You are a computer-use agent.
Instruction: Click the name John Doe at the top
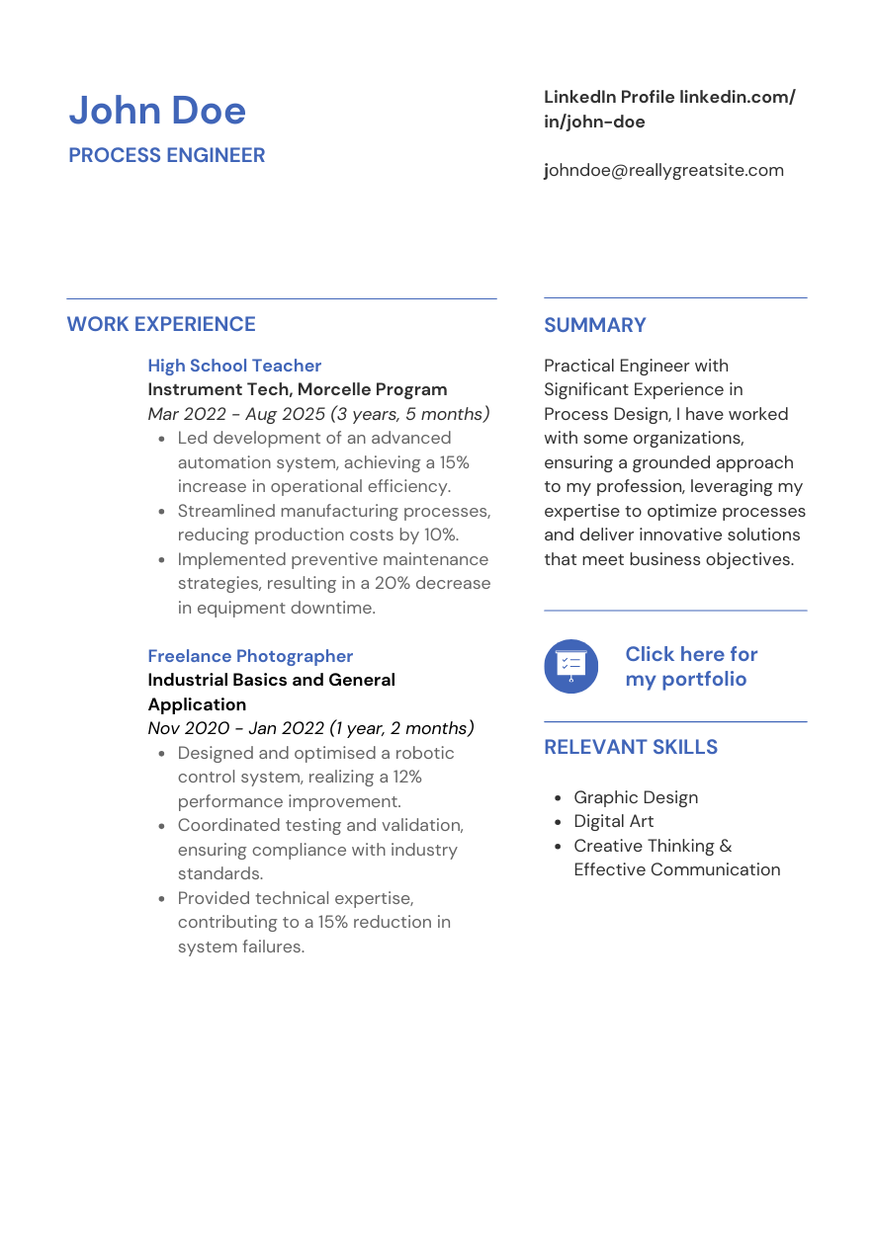157,111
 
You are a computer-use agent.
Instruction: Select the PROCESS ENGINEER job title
167,156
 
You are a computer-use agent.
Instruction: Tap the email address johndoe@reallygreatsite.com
663,170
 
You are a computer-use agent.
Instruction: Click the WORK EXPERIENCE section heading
161,324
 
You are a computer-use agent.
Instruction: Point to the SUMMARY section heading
595,325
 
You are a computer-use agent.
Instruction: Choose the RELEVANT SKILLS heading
631,747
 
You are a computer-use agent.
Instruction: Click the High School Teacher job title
234,366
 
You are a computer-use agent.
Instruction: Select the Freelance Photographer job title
250,656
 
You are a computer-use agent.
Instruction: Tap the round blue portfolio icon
571,666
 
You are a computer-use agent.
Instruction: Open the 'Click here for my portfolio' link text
691,666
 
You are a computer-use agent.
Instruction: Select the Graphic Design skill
636,797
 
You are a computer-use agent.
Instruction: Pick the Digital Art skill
614,821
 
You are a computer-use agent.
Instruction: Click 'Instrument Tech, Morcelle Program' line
298,389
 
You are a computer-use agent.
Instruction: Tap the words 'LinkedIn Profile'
609,97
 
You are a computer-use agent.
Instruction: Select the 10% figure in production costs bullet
440,535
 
